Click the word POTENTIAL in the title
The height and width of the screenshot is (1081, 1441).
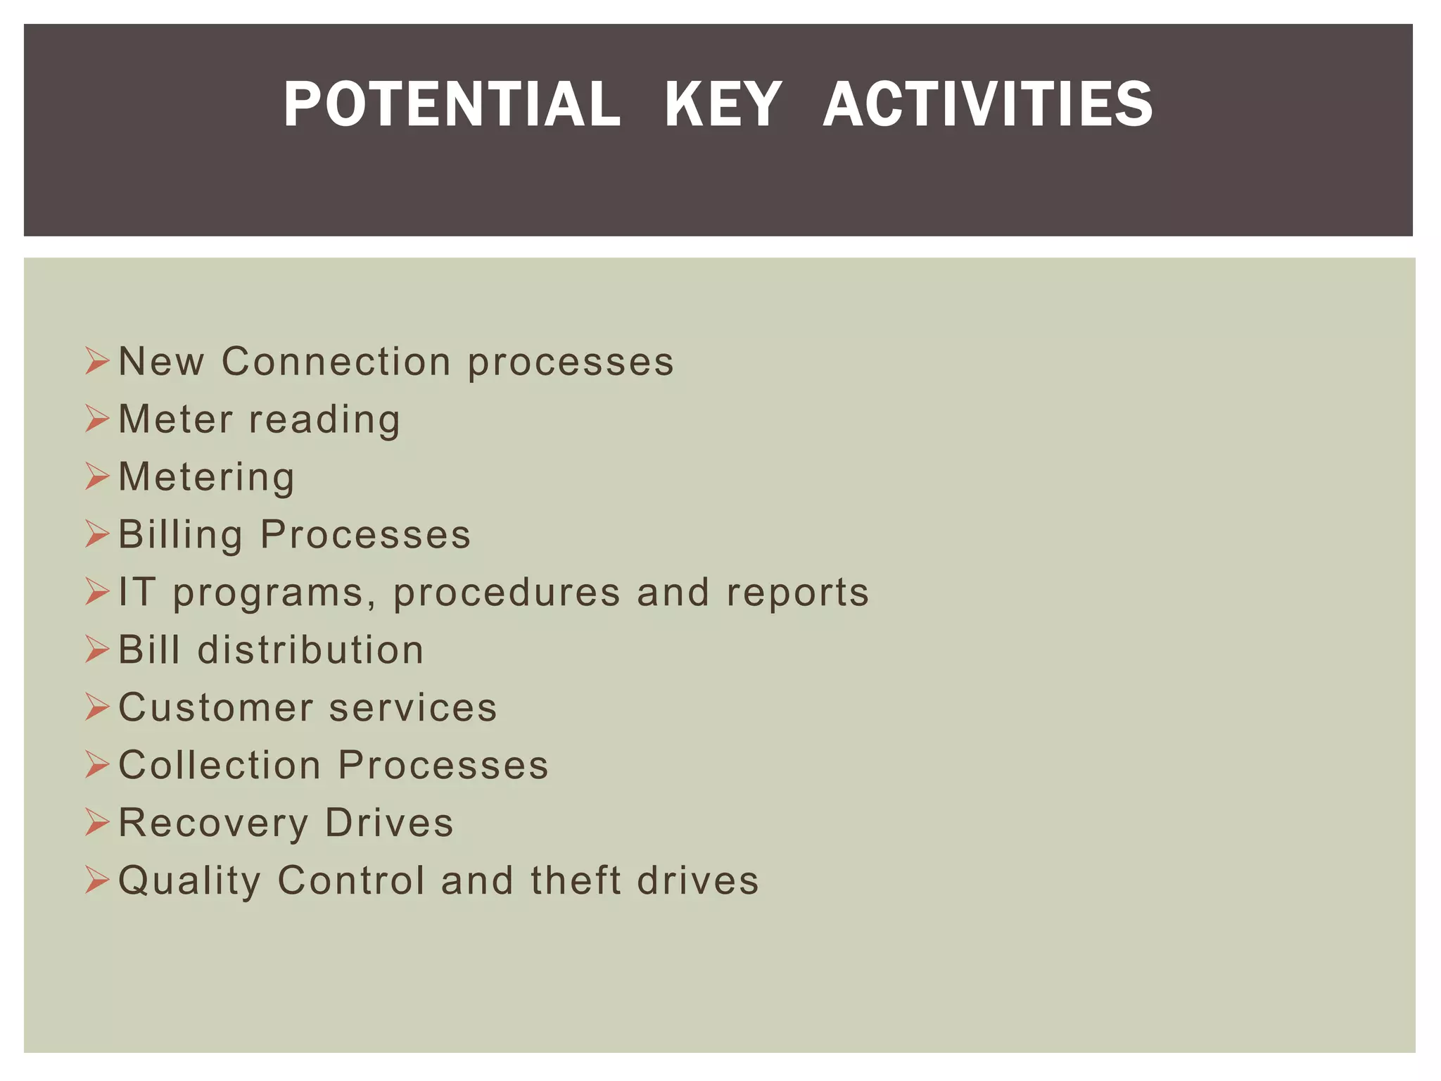452,105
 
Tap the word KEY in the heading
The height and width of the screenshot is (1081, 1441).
723,105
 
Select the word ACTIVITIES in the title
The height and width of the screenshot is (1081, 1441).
988,105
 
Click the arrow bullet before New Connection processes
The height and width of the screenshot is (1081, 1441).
97,362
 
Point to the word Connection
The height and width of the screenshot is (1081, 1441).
336,362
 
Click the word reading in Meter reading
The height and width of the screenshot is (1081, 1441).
324,420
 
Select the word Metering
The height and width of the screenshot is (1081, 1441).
207,478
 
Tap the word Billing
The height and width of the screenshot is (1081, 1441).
180,535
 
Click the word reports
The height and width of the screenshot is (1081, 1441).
798,593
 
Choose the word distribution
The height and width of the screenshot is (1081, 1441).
310,650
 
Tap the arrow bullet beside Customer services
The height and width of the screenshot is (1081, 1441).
97,707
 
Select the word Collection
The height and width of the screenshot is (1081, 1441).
220,765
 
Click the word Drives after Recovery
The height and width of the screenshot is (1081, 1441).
389,823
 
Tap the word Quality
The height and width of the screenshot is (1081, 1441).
189,881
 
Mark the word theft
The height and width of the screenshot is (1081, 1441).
576,880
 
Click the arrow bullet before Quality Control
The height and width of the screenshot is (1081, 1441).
97,880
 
